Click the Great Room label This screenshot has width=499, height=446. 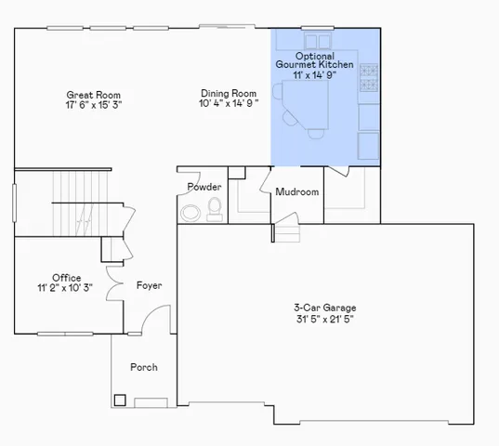93,95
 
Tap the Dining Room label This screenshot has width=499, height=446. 228,93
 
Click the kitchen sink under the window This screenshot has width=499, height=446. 311,41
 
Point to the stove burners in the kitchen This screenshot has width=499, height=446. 368,78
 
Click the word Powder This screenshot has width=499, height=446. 204,187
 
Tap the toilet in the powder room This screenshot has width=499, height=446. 216,208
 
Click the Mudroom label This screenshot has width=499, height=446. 296,192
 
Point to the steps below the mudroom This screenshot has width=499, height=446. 287,231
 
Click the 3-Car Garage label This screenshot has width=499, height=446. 324,308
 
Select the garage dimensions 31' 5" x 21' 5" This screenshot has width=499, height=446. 324,319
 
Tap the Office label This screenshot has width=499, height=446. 66,278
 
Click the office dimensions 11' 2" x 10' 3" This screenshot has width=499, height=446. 66,288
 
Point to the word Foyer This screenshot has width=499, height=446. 149,285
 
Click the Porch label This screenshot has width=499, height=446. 143,367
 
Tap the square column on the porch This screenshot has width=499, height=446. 120,400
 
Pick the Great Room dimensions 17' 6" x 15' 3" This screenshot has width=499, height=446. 93,105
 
